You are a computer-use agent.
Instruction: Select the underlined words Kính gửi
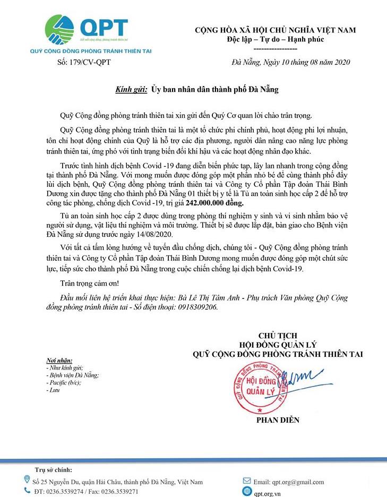pyautogui.click(x=131, y=90)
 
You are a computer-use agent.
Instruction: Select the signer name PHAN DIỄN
pyautogui.click(x=278, y=420)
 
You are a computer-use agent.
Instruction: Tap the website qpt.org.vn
pyautogui.click(x=270, y=492)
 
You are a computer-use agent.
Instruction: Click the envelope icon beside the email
pyautogui.click(x=246, y=482)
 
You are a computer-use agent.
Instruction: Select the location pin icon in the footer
pyautogui.click(x=27, y=481)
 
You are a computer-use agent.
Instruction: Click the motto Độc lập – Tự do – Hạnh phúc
pyautogui.click(x=274, y=40)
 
